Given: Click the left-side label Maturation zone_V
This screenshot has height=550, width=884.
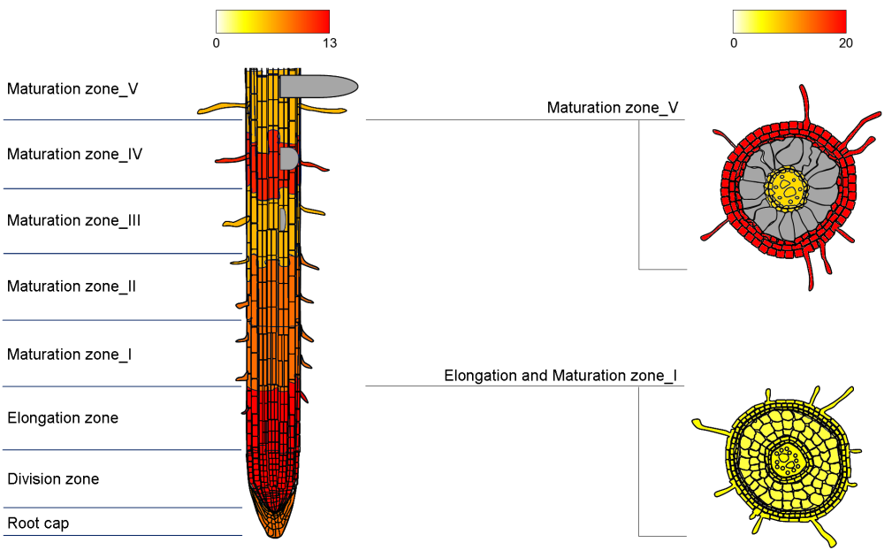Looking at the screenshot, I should (x=72, y=88).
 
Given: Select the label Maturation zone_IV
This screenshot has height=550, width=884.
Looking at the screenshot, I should (x=75, y=154).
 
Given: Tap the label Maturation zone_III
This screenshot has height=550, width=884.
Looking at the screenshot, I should (x=74, y=220).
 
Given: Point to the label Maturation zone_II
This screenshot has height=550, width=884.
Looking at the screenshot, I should (x=72, y=286).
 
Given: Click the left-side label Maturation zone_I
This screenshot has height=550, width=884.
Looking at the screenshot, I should (x=70, y=355).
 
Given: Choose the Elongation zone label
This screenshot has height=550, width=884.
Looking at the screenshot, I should (x=63, y=417).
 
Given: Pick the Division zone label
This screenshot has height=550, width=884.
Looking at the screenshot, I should (x=53, y=479).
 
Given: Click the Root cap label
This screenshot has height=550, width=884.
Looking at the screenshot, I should (x=38, y=523).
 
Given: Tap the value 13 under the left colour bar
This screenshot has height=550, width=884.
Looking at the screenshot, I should (x=329, y=42).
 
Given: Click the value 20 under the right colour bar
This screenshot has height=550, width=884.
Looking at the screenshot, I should (x=845, y=42).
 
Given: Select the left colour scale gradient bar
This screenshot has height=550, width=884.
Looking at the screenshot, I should (x=272, y=21).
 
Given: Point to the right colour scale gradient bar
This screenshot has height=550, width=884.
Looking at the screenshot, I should (x=789, y=21).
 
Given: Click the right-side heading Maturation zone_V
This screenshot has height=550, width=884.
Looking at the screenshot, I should (x=613, y=108).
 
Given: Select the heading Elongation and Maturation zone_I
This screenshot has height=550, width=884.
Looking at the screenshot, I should (x=560, y=376).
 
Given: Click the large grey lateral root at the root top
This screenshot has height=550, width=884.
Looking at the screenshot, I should (x=318, y=86).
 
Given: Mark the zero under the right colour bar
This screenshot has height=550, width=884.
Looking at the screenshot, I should (x=734, y=42).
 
